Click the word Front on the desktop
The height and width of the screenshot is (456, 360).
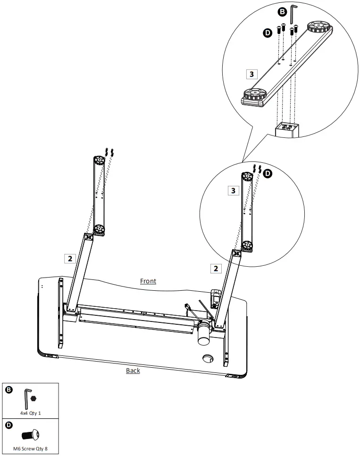(x=148, y=281)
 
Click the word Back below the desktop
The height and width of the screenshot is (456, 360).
(x=133, y=371)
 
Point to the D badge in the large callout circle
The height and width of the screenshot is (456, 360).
(x=267, y=33)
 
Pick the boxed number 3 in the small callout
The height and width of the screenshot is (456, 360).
(x=233, y=190)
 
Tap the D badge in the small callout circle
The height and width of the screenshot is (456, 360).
(x=268, y=173)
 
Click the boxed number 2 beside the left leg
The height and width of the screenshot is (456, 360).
(x=70, y=258)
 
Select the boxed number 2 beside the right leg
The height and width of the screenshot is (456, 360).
(x=216, y=268)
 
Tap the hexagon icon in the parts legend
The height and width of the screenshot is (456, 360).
(x=33, y=398)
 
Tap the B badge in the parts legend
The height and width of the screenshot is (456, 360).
(x=9, y=389)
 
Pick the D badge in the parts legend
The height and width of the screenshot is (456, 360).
(x=9, y=425)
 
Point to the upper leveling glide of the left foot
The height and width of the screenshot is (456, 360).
(x=99, y=161)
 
